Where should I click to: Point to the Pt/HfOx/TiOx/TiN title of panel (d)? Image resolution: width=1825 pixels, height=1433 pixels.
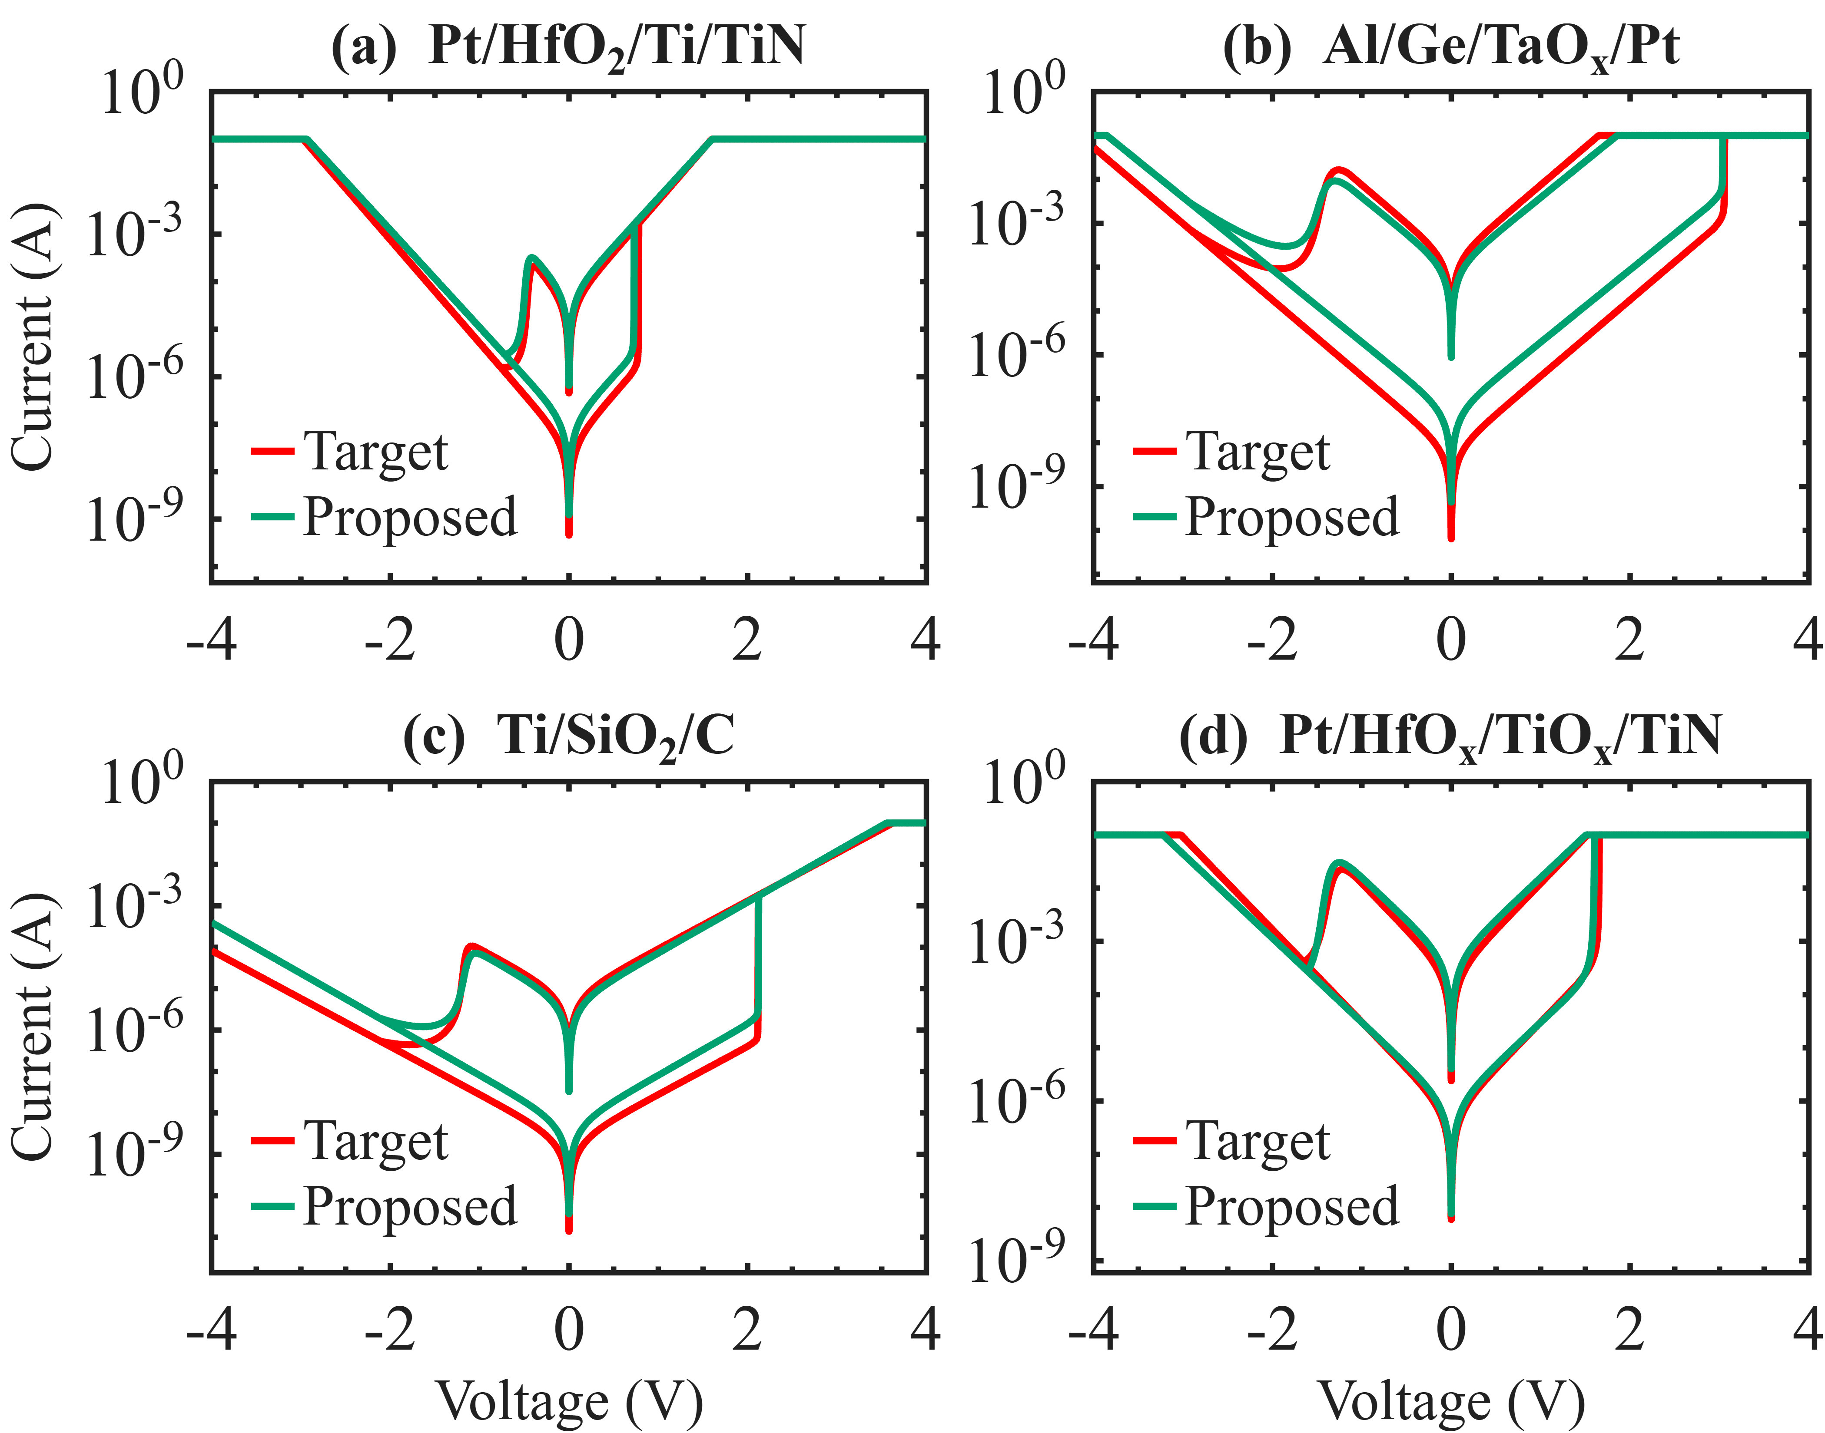click(1450, 736)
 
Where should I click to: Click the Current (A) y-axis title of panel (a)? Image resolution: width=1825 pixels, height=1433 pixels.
click(33, 336)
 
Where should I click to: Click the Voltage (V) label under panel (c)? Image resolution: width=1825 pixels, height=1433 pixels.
click(569, 1401)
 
